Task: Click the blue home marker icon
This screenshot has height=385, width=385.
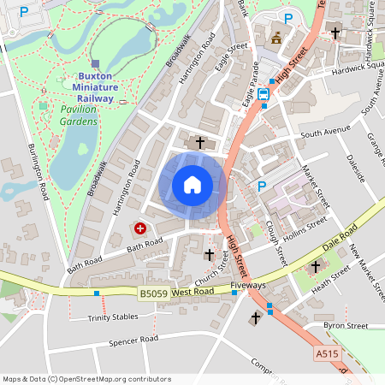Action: (x=192, y=184)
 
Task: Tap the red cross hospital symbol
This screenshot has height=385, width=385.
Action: (x=139, y=229)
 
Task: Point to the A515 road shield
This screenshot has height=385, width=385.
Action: (x=327, y=352)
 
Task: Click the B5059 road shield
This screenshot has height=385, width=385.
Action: (x=152, y=293)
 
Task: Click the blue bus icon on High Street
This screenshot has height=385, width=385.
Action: (x=264, y=94)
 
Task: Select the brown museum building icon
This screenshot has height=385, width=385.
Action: (x=276, y=38)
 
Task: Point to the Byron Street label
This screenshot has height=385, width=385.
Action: (x=345, y=326)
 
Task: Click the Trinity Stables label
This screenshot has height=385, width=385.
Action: (x=112, y=317)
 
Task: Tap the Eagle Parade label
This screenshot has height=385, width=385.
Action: (x=252, y=86)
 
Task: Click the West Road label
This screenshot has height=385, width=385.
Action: (x=192, y=293)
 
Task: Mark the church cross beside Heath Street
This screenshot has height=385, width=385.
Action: (x=315, y=267)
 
